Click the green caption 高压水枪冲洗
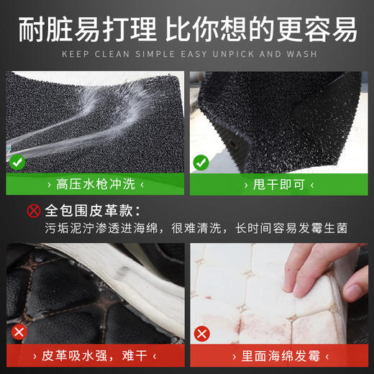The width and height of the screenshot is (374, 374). click(94, 185)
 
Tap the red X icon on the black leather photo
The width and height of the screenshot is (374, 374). click(19, 332)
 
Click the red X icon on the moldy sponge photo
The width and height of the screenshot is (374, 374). click(203, 334)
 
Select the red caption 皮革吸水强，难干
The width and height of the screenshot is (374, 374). click(94, 355)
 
